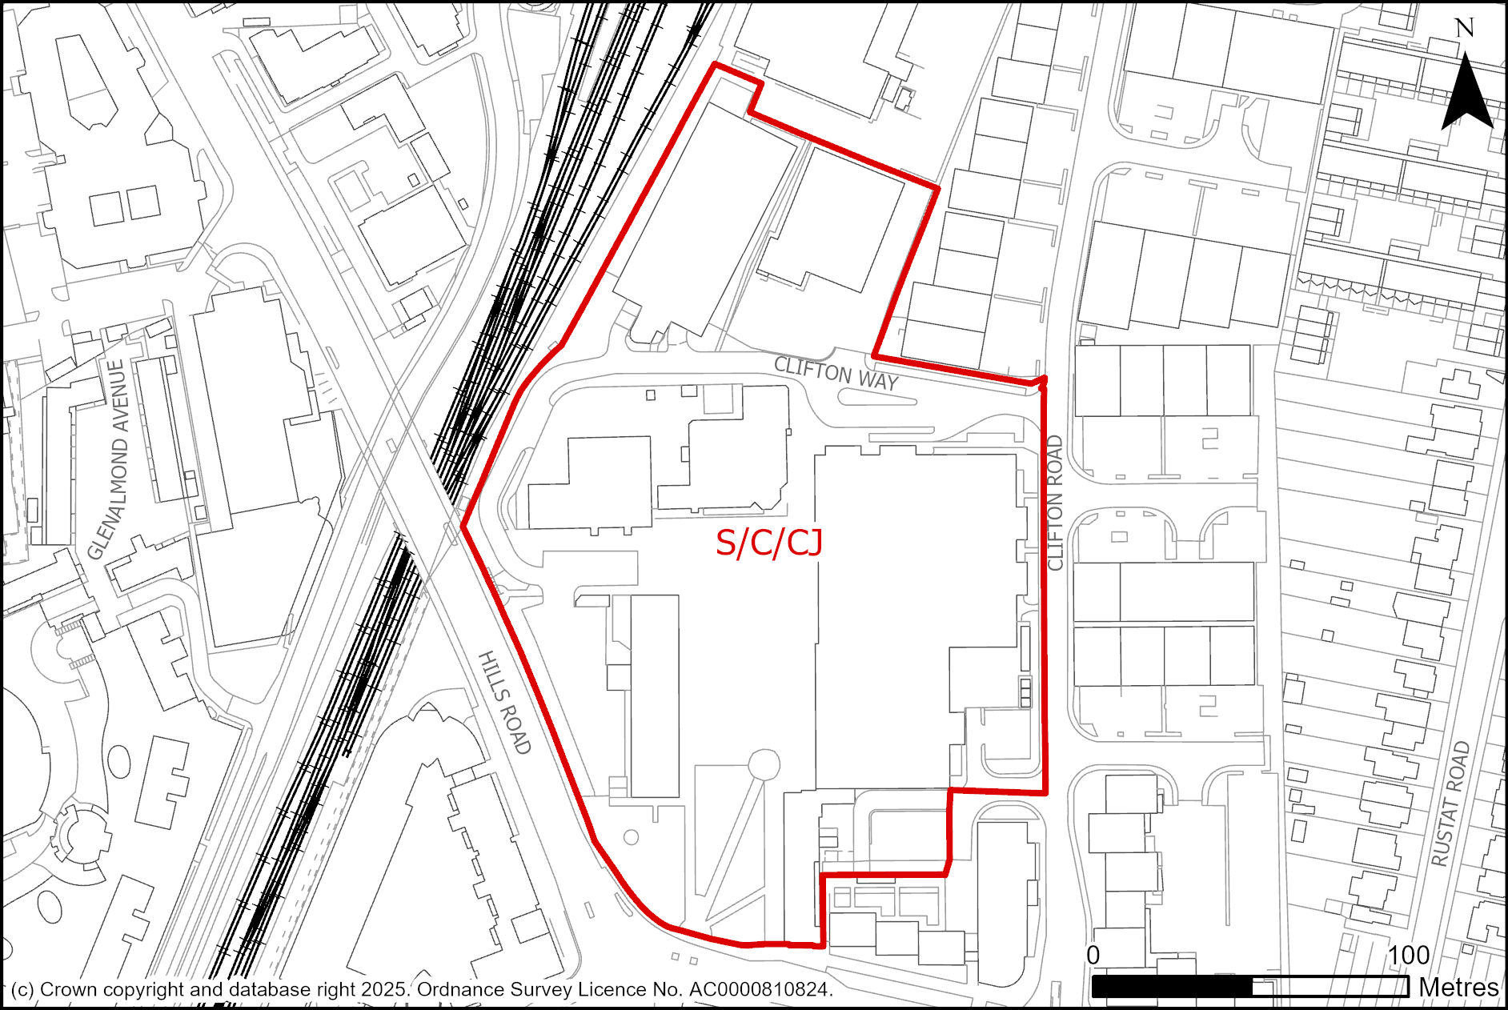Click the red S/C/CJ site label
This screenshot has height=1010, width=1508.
click(x=768, y=543)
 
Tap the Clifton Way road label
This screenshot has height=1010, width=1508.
click(x=836, y=374)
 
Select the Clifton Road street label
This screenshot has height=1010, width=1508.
click(x=1055, y=503)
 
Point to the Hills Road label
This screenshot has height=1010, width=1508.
click(x=504, y=703)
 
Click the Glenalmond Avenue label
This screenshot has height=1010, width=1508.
click(x=109, y=459)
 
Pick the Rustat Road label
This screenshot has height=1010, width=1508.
click(x=1450, y=804)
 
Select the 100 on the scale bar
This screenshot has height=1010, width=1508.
click(x=1409, y=956)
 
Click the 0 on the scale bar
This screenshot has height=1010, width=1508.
click(x=1093, y=956)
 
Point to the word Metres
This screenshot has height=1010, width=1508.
click(x=1458, y=988)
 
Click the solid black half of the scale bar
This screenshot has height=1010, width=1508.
click(x=1172, y=987)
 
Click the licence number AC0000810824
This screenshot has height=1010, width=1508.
click(x=760, y=990)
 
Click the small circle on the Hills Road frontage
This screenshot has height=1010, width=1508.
click(x=631, y=837)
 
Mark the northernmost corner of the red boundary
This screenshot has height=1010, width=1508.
click(x=714, y=64)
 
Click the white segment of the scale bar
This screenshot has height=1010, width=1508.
click(x=1330, y=987)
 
